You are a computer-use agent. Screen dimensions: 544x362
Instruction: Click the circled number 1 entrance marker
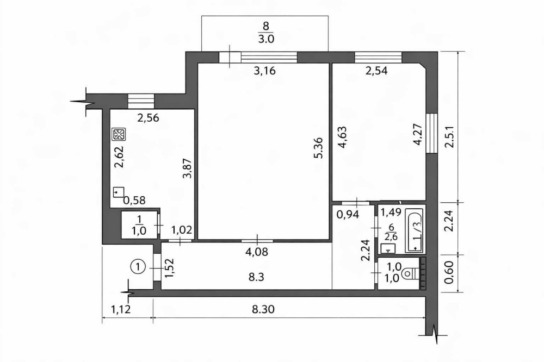pos(138,267)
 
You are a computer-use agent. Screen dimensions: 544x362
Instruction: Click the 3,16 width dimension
pos(264,71)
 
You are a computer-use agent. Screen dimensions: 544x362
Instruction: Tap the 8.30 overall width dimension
pos(263,309)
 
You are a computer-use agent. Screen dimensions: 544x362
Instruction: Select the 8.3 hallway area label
pos(256,277)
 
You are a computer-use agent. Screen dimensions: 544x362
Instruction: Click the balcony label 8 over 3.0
pos(266,32)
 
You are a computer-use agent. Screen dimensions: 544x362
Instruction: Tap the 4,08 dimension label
pos(257,251)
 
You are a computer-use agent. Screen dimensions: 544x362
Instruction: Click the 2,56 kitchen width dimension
pos(148,118)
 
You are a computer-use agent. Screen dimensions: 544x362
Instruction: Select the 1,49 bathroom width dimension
pos(391,211)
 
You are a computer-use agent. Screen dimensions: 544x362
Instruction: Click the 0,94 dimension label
pos(348,215)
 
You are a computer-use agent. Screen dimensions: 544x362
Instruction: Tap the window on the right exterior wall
pos(431,133)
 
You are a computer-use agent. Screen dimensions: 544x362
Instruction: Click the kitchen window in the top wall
pos(140,101)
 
